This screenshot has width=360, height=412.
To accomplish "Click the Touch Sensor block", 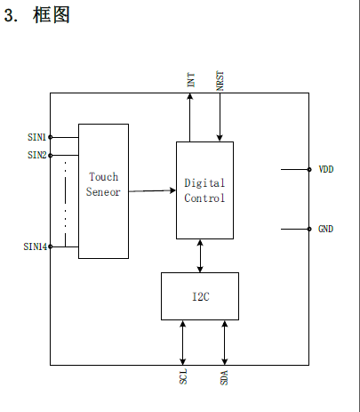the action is pyautogui.click(x=103, y=191).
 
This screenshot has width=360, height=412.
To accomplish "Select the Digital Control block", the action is pyautogui.click(x=204, y=190).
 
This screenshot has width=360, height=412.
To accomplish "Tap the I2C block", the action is pyautogui.click(x=200, y=296).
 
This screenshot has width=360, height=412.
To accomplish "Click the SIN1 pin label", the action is pyautogui.click(x=36, y=137).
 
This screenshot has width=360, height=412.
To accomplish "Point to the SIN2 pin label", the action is pyautogui.click(x=37, y=155).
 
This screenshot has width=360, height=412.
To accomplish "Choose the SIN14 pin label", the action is pyautogui.click(x=36, y=246).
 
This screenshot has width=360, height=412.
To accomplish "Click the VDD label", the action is pyautogui.click(x=326, y=169).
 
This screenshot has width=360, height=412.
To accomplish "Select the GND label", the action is pyautogui.click(x=325, y=229).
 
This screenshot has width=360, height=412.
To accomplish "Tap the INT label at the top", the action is pyautogui.click(x=191, y=80).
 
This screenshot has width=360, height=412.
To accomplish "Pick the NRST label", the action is pyautogui.click(x=220, y=80).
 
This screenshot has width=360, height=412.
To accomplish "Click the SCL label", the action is pyautogui.click(x=183, y=376).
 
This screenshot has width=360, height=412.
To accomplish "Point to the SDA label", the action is pyautogui.click(x=224, y=377).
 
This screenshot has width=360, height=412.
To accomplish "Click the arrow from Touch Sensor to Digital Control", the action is pyautogui.click(x=152, y=190).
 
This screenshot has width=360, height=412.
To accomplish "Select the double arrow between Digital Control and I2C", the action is pyautogui.click(x=200, y=255).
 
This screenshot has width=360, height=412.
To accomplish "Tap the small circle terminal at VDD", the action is pyautogui.click(x=309, y=169).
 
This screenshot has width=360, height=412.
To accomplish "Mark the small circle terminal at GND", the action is pyautogui.click(x=309, y=229).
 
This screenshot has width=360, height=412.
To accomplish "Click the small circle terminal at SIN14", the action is pyautogui.click(x=51, y=246).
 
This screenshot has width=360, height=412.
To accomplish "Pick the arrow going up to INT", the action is pyautogui.click(x=190, y=117).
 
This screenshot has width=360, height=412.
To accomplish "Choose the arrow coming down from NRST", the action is pyautogui.click(x=220, y=117).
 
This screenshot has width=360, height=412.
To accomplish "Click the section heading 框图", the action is pyautogui.click(x=52, y=15).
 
